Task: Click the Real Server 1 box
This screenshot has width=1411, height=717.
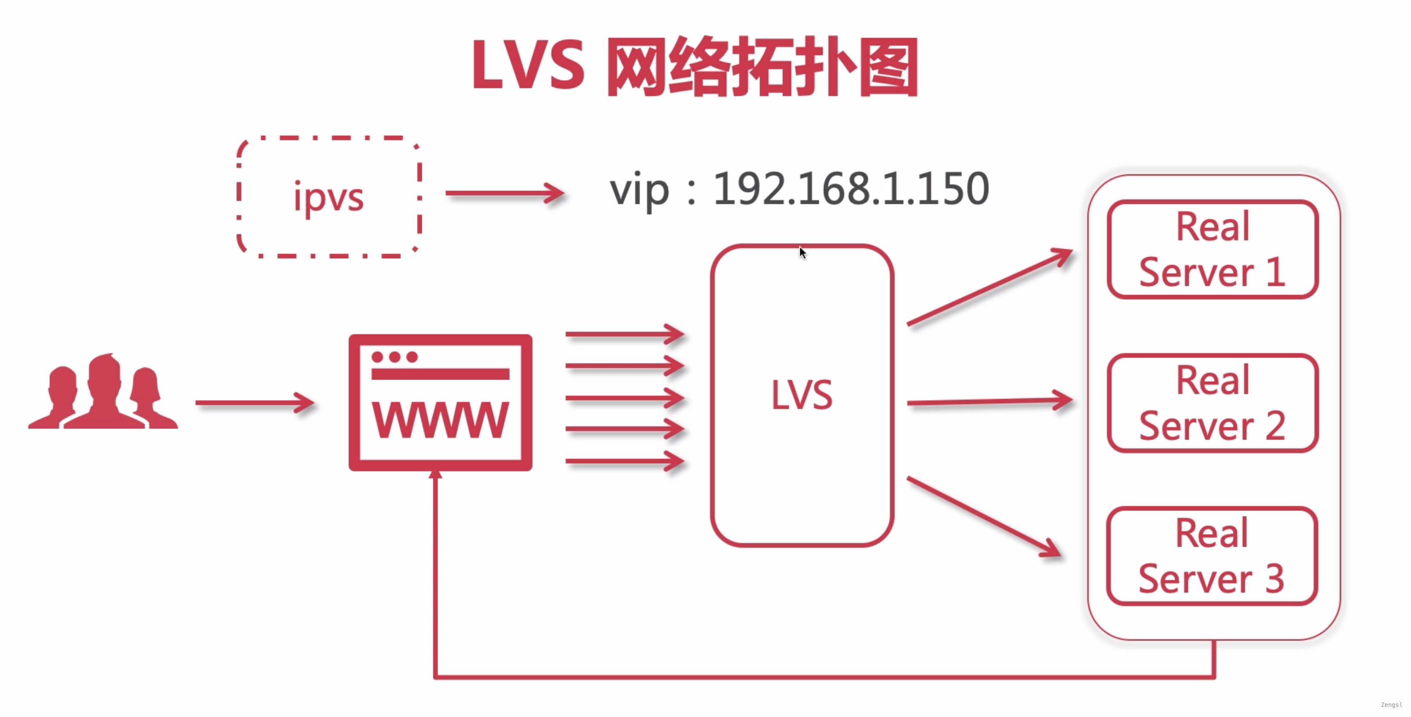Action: coord(1212,250)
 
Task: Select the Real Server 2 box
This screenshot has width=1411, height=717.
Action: coord(1212,403)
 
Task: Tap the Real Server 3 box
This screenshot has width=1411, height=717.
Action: coord(1212,557)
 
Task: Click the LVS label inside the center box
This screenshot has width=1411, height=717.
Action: coord(801,395)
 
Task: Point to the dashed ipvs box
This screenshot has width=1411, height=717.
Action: coord(328,197)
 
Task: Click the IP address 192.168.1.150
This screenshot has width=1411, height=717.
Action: coord(850,189)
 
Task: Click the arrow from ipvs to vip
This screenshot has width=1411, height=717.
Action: coord(504,193)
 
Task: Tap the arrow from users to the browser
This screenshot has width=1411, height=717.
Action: coord(255,403)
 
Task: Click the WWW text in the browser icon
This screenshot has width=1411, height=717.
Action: coord(440,420)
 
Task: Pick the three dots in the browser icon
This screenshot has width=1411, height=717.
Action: coord(394,357)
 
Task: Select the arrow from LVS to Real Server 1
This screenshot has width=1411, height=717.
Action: coord(989,287)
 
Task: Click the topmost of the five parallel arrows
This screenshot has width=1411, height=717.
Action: coord(624,334)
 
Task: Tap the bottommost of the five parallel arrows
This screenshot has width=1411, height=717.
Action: coord(624,462)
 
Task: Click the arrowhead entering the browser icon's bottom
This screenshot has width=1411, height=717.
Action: coord(435,474)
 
